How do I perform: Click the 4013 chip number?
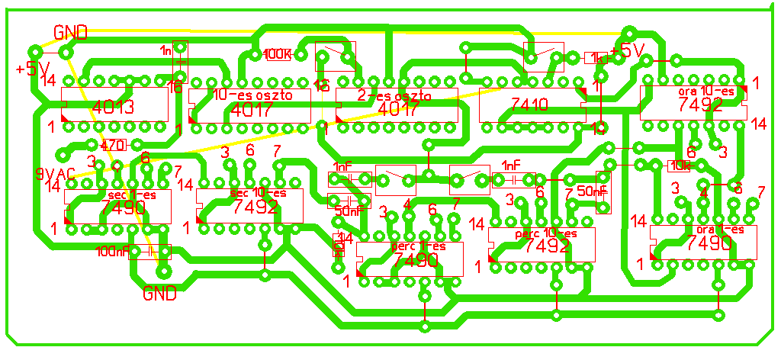(x=113, y=107)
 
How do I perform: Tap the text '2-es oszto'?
(x=394, y=96)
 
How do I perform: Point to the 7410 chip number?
(x=530, y=105)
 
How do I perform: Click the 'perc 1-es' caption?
(x=417, y=246)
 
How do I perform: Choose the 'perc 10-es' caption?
(x=547, y=233)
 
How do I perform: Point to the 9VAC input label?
(x=54, y=173)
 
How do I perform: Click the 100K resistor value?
(x=277, y=54)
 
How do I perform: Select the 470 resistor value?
(x=112, y=145)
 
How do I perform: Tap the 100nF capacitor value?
(x=112, y=251)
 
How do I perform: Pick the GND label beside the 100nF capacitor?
(x=160, y=293)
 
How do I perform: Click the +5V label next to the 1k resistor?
(x=628, y=52)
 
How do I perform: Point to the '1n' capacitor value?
(x=166, y=50)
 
